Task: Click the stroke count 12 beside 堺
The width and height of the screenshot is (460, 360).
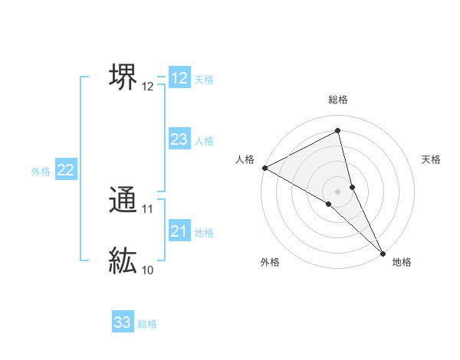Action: (x=148, y=87)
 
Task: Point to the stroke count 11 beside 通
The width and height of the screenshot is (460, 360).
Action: (x=148, y=208)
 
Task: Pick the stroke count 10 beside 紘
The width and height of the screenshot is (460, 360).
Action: (x=148, y=270)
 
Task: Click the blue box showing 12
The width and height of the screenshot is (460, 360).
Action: (x=179, y=78)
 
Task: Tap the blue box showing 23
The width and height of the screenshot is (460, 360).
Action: (x=179, y=139)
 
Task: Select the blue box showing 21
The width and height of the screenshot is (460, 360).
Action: (x=179, y=231)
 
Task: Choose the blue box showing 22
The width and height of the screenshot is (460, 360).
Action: (x=65, y=171)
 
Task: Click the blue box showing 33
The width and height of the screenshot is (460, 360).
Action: (x=123, y=322)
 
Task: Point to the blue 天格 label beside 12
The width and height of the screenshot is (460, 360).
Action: (x=204, y=79)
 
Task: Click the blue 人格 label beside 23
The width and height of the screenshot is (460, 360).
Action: (x=204, y=141)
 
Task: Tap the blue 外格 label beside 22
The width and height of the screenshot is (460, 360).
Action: (x=41, y=172)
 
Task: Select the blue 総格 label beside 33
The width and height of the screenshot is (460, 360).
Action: (x=147, y=324)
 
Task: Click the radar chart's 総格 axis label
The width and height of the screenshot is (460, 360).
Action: (x=338, y=100)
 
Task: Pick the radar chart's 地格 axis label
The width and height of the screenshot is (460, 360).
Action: (x=402, y=262)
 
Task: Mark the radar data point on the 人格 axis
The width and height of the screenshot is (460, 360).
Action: (x=264, y=168)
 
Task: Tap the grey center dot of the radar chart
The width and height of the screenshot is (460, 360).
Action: (x=337, y=191)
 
